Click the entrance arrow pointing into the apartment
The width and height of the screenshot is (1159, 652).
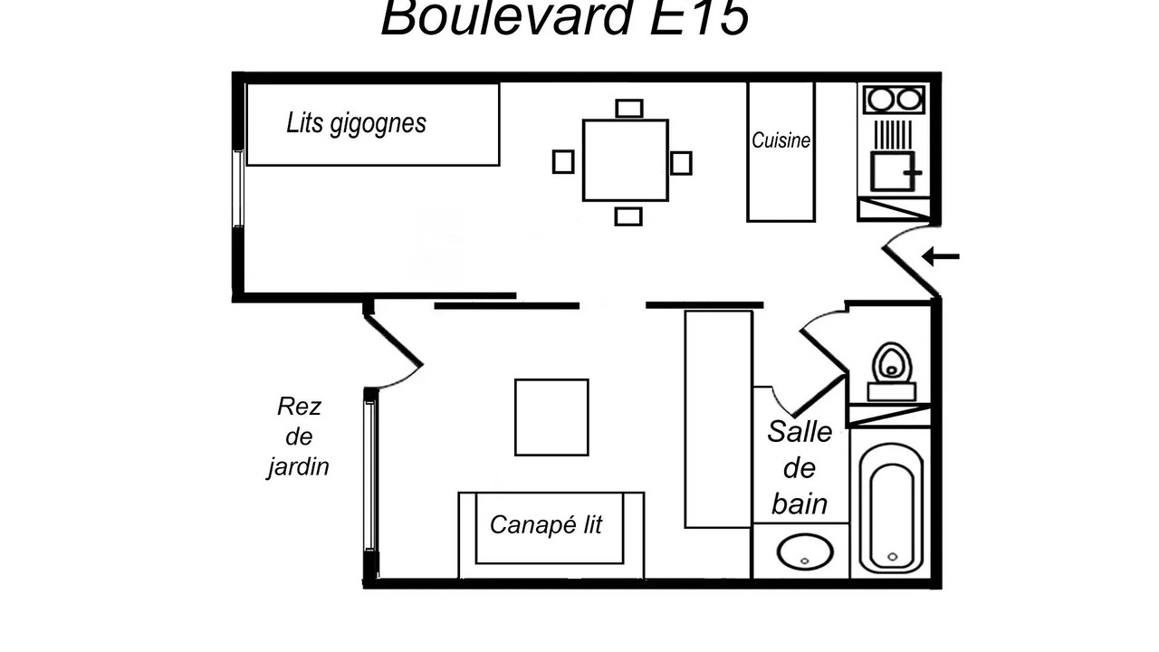pyautogui.click(x=941, y=256)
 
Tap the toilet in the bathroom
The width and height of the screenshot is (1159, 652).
pyautogui.click(x=892, y=371)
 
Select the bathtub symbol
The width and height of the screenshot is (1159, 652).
pyautogui.click(x=892, y=509)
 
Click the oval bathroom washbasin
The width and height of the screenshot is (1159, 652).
pyautogui.click(x=805, y=551)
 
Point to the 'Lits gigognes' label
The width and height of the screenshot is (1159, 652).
pyautogui.click(x=356, y=124)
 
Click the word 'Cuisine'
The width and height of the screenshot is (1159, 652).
pyautogui.click(x=781, y=140)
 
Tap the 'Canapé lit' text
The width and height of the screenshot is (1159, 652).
pyautogui.click(x=546, y=524)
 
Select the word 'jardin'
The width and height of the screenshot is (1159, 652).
pyautogui.click(x=299, y=467)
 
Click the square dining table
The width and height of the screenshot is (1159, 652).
pyautogui.click(x=626, y=160)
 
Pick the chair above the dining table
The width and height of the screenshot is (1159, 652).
pyautogui.click(x=629, y=109)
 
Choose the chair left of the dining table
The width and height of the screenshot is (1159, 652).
pyautogui.click(x=563, y=162)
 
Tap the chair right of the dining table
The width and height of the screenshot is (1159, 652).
pyautogui.click(x=681, y=163)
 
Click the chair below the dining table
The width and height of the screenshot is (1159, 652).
pyautogui.click(x=628, y=216)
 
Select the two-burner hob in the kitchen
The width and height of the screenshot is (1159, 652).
pyautogui.click(x=894, y=100)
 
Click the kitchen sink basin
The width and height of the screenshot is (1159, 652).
pyautogui.click(x=893, y=171)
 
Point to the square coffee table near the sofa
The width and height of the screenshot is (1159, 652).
pyautogui.click(x=551, y=417)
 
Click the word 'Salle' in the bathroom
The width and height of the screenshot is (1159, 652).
pyautogui.click(x=800, y=432)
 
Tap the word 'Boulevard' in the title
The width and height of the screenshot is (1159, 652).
pyautogui.click(x=506, y=17)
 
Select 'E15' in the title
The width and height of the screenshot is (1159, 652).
pyautogui.click(x=698, y=17)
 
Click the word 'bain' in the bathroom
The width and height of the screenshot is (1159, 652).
pyautogui.click(x=800, y=503)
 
